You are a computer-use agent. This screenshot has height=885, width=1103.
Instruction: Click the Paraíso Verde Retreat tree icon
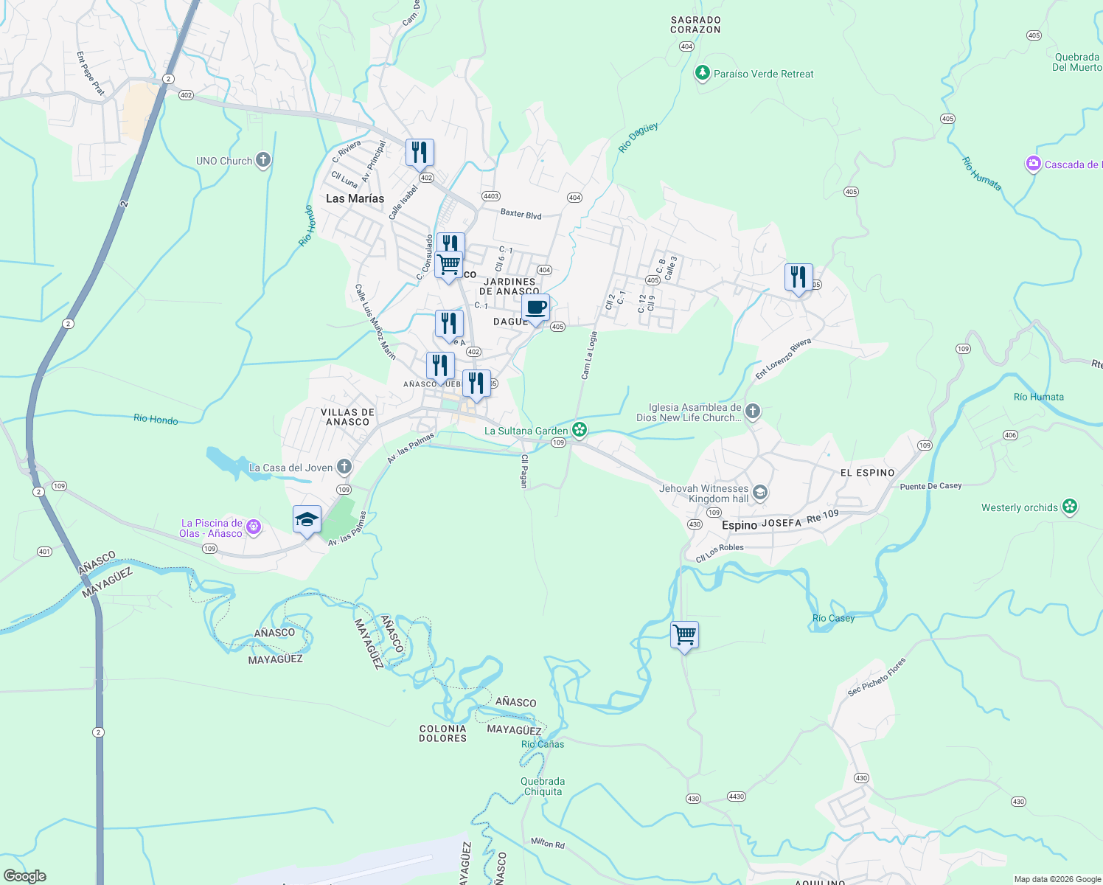click(x=703, y=74)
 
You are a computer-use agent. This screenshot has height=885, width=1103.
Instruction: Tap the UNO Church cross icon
click(x=263, y=161)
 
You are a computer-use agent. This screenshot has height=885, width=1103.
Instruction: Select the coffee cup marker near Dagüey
click(x=536, y=308)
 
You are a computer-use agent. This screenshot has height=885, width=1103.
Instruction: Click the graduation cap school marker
click(x=307, y=519)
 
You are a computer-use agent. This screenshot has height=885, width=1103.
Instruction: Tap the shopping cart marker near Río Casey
click(x=684, y=635)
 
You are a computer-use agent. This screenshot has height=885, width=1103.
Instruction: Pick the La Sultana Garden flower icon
click(x=580, y=430)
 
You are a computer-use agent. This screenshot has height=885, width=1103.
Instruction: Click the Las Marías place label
click(x=355, y=198)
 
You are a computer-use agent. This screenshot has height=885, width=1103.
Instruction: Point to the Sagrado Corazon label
click(x=695, y=25)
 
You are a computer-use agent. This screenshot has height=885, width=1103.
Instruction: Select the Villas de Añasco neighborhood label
click(x=347, y=417)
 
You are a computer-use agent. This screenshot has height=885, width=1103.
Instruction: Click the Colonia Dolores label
click(x=442, y=733)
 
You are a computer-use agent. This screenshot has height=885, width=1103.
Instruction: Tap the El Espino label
click(x=867, y=473)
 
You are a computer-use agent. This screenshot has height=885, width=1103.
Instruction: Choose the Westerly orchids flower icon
click(x=1071, y=507)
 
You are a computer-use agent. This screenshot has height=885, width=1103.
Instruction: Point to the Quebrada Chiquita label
click(x=543, y=786)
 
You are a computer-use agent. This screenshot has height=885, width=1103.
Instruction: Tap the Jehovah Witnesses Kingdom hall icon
click(x=760, y=493)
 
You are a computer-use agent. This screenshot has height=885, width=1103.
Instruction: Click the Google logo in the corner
click(x=24, y=875)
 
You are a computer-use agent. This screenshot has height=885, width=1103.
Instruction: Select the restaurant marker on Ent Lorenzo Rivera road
click(x=798, y=277)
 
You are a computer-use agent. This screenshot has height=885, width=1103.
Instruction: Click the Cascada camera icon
click(x=1034, y=164)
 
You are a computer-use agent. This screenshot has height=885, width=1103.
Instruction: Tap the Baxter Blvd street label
click(x=521, y=215)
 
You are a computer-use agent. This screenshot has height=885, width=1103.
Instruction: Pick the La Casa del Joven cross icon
click(x=344, y=467)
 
